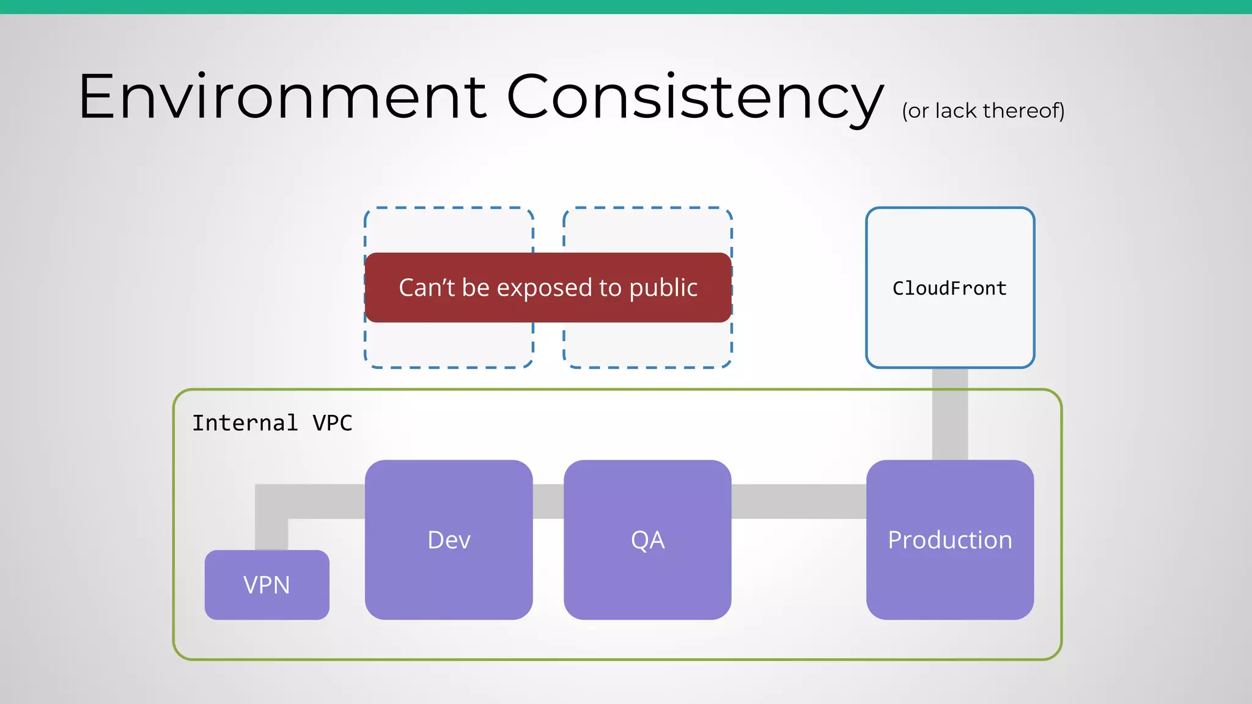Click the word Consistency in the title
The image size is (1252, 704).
[x=695, y=98]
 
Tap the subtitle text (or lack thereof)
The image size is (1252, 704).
[x=983, y=111]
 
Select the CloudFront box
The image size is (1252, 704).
[x=950, y=288]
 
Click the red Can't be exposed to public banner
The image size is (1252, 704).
[x=548, y=287]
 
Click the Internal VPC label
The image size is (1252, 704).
[x=272, y=423]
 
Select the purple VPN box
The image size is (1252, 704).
[x=267, y=585]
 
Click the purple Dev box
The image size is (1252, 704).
[x=449, y=540]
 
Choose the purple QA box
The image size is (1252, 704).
[x=647, y=540]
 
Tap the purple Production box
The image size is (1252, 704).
[x=950, y=540]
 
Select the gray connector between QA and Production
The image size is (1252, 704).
[x=798, y=501]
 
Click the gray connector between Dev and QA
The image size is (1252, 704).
[x=548, y=501]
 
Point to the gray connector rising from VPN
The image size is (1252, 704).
[x=271, y=526]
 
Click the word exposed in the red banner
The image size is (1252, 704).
[x=543, y=288]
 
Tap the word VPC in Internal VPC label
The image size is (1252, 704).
[x=333, y=423]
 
